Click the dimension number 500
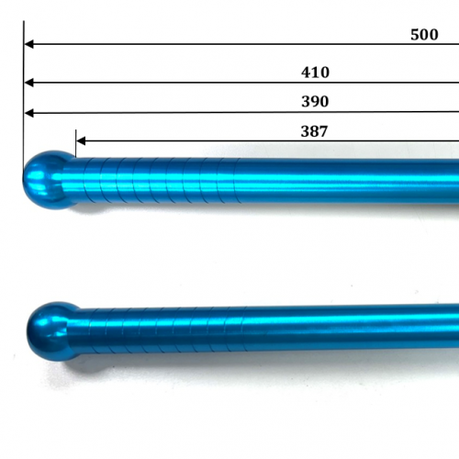click(x=424, y=34)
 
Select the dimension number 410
click(x=315, y=73)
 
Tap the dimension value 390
click(x=314, y=102)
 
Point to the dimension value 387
click(x=314, y=131)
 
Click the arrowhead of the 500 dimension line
click(x=28, y=43)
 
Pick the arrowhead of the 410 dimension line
click(x=28, y=83)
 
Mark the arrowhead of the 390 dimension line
click(x=28, y=113)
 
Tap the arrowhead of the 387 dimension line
click(x=81, y=141)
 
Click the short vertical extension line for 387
click(x=75, y=142)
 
